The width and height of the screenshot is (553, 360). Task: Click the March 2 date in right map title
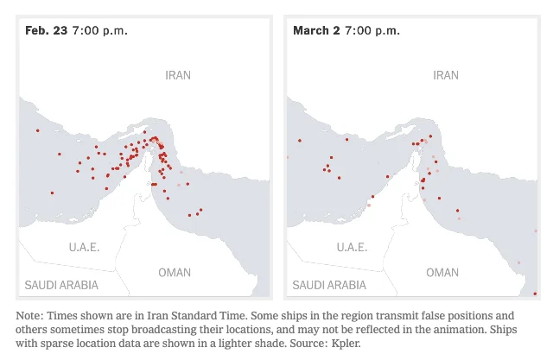[316, 30]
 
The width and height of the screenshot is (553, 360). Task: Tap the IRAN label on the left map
[178, 76]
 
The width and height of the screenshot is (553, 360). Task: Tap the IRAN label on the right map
[446, 76]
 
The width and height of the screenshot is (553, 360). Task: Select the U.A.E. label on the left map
[85, 247]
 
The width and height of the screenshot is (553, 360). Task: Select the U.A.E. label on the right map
[352, 247]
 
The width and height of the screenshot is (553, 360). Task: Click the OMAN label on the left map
[175, 273]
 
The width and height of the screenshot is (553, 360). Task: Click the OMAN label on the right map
[442, 273]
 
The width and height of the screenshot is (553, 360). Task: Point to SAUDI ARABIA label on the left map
[61, 285]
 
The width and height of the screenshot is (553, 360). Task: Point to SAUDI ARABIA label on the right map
[329, 285]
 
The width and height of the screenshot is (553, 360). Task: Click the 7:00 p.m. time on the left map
[100, 30]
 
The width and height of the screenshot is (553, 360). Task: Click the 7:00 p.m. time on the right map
[372, 30]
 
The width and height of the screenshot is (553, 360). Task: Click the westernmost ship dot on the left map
[38, 130]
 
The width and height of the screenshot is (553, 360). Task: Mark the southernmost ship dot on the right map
[536, 294]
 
